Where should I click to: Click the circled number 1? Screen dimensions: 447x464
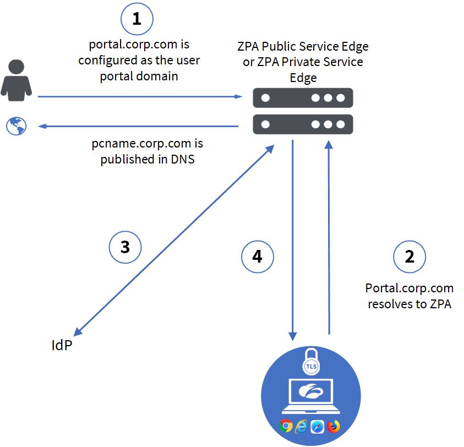137,20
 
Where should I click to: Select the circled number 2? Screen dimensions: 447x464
410,257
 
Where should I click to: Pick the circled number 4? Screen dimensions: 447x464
258,257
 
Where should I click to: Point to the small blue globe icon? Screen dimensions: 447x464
16,126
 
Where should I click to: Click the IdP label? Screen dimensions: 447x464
61,346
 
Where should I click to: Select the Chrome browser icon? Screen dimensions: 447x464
285,426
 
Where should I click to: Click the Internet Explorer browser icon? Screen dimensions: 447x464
302,426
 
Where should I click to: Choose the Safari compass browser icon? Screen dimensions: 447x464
318,426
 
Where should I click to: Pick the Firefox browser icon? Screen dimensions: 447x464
334,426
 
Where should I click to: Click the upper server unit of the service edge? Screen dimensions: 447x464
302,98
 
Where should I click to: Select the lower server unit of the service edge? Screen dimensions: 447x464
302,124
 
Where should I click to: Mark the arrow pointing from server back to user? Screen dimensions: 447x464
138,127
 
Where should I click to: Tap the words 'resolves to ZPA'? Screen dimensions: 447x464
410,304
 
